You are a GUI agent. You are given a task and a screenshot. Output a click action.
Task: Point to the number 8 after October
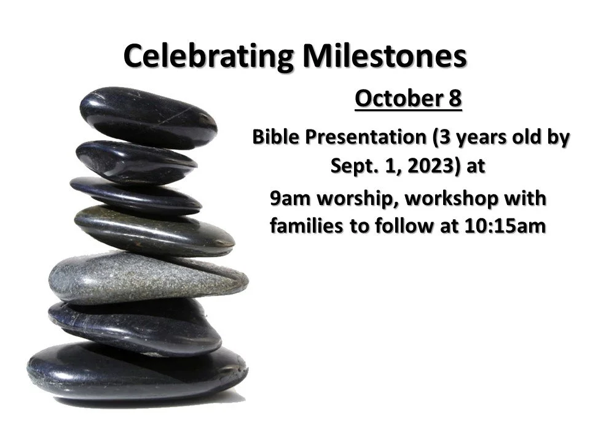tap(454, 98)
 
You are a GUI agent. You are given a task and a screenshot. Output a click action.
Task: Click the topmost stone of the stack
tap(147, 117)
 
